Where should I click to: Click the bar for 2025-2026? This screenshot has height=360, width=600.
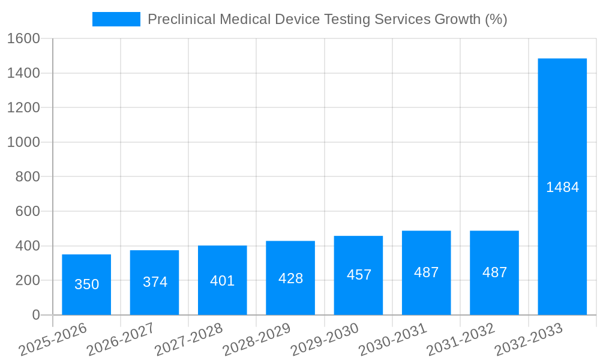click(x=86, y=285)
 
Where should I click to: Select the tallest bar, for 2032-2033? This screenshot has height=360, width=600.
click(x=562, y=187)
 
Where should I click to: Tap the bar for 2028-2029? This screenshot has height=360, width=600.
click(x=290, y=278)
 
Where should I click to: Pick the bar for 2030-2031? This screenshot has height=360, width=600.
click(x=427, y=273)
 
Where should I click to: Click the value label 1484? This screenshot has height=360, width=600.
click(x=562, y=187)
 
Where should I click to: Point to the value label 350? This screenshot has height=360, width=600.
click(x=86, y=284)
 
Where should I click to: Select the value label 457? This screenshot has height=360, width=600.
click(x=359, y=275)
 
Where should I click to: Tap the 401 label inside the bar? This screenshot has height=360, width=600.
click(x=223, y=281)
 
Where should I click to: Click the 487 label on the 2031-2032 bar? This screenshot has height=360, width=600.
click(x=494, y=272)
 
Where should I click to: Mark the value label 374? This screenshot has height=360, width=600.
click(x=155, y=282)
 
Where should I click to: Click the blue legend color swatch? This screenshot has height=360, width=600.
click(x=116, y=19)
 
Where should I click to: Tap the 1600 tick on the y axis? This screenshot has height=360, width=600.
click(x=23, y=39)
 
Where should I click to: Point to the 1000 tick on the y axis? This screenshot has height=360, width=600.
click(x=23, y=142)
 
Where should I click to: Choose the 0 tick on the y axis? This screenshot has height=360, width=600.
click(x=35, y=315)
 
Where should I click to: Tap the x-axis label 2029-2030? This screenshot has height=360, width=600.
click(x=325, y=340)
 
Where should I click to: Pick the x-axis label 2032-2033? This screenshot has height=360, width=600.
click(x=529, y=340)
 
